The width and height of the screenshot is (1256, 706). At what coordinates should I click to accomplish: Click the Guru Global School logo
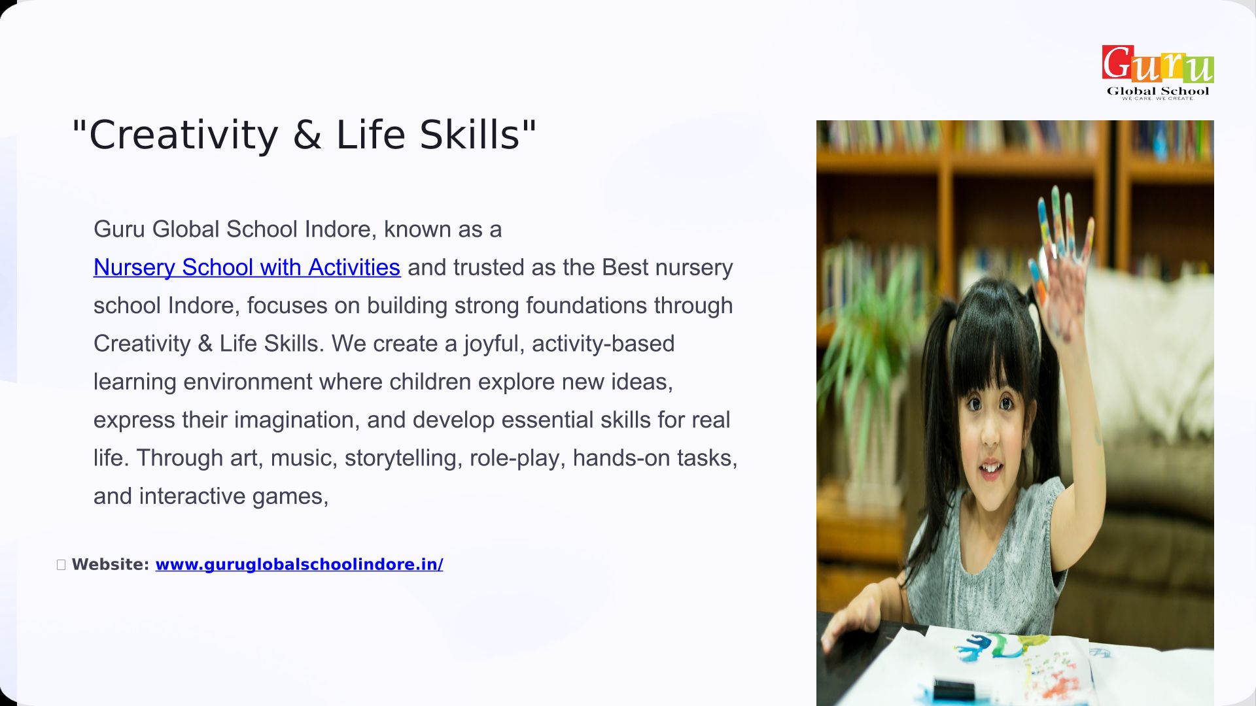[1158, 72]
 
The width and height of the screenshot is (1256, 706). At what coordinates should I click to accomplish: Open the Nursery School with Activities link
[247, 267]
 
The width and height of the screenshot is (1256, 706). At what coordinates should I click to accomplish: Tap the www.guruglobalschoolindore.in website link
[299, 564]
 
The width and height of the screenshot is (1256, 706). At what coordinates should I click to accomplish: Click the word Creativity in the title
[184, 135]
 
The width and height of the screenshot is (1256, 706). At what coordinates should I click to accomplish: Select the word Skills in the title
[469, 135]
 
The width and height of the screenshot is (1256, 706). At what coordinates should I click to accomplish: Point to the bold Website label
[111, 564]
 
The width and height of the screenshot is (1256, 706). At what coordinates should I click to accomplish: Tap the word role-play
[517, 458]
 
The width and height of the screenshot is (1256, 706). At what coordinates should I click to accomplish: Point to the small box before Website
[61, 565]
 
